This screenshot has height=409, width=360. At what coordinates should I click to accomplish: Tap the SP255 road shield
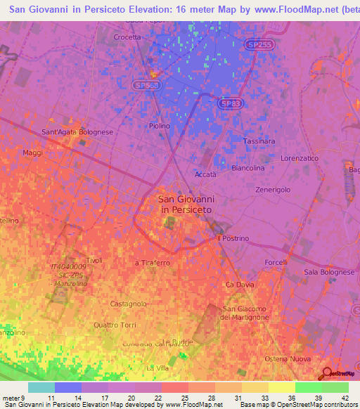click(x=258, y=44)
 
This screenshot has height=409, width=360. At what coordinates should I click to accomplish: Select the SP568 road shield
click(x=146, y=85)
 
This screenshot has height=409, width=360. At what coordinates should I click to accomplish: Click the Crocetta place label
click(x=127, y=37)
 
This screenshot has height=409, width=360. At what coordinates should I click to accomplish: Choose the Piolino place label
click(x=160, y=126)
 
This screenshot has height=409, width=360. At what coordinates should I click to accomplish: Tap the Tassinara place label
click(x=258, y=141)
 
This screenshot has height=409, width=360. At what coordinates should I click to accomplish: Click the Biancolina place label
click(x=247, y=169)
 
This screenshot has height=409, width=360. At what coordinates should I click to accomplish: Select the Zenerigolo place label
click(x=272, y=190)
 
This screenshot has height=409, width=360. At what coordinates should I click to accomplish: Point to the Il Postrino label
click(x=233, y=238)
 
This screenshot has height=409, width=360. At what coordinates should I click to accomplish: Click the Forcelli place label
click(x=276, y=263)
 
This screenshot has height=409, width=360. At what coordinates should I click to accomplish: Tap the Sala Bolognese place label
click(x=328, y=272)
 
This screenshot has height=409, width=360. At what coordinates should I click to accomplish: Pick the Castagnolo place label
click(x=129, y=304)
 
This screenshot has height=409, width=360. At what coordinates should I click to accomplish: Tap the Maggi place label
click(x=33, y=152)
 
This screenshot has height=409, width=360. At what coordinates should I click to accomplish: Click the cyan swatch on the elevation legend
click(x=41, y=387)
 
